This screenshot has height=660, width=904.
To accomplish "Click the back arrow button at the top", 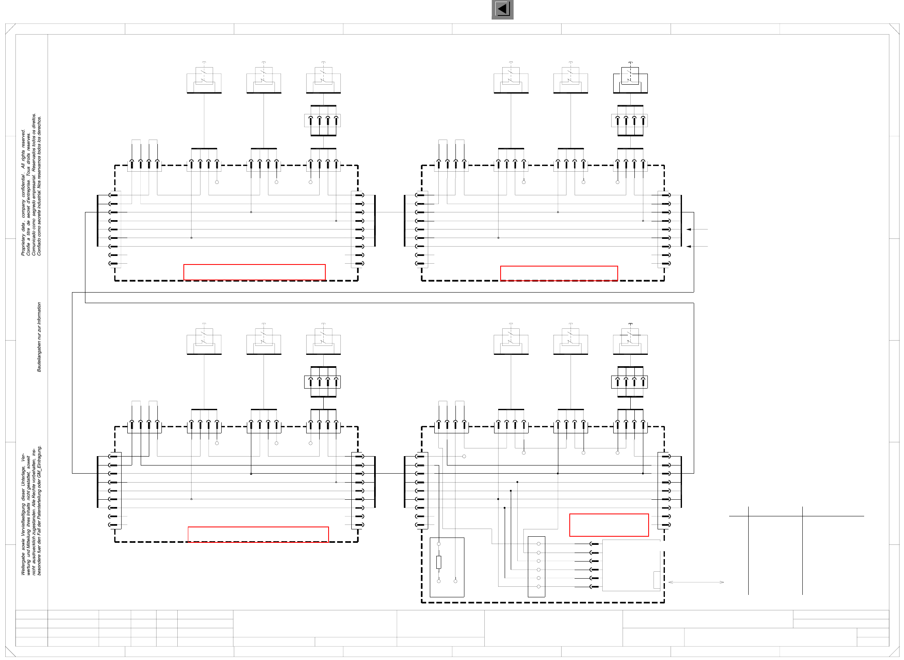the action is click(x=502, y=9).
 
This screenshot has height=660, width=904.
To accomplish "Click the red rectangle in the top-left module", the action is click(x=254, y=272).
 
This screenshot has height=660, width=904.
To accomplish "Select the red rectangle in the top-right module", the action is click(x=559, y=273).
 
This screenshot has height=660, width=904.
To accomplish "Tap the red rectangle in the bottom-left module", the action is click(x=258, y=534).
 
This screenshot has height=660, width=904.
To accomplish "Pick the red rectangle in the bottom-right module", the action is click(x=609, y=525).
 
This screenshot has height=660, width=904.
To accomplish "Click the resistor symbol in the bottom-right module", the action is click(x=439, y=562).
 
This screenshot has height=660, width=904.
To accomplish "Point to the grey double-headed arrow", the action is click(x=696, y=582).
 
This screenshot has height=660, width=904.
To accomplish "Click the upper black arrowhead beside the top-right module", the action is click(x=689, y=229).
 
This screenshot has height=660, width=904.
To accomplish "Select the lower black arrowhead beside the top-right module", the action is click(x=689, y=247).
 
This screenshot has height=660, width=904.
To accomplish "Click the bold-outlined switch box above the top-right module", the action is click(x=630, y=80).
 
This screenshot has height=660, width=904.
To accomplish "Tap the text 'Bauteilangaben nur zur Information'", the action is click(x=39, y=337).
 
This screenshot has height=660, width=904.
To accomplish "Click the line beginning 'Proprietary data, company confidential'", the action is click(x=23, y=192).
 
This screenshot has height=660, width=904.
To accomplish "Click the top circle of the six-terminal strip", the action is click(x=538, y=544).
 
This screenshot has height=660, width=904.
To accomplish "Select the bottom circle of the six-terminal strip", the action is click(x=538, y=586).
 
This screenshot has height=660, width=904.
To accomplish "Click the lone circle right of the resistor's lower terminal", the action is click(x=455, y=581).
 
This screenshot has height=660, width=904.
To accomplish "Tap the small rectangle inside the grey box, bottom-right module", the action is click(x=656, y=579).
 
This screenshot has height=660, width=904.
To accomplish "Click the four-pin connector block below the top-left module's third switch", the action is click(x=323, y=120).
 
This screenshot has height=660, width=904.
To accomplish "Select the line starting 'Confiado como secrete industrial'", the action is click(x=39, y=186).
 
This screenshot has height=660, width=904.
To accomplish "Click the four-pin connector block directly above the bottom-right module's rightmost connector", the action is click(x=630, y=382).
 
